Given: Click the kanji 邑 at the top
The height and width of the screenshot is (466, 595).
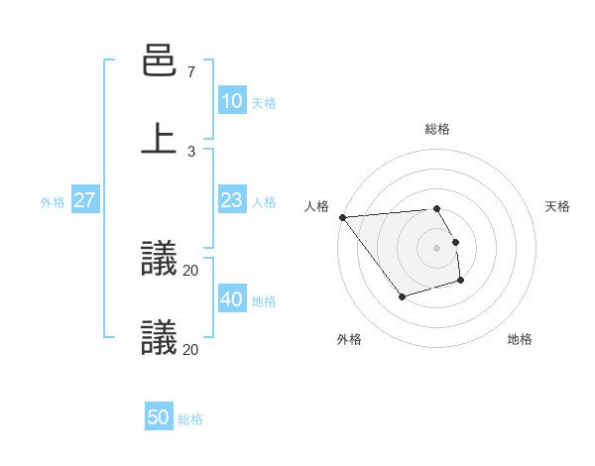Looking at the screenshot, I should [x=159, y=61].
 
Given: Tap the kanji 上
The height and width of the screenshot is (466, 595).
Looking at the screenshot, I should [x=159, y=139].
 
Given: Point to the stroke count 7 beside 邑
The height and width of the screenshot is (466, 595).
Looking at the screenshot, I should [x=190, y=72].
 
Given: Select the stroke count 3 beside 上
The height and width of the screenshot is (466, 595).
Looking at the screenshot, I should [x=190, y=151].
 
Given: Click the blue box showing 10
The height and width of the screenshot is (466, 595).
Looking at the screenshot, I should [x=231, y=101].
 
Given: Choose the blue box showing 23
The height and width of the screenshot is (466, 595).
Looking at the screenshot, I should [x=231, y=200].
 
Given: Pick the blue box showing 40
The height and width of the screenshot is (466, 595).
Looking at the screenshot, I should [x=231, y=299].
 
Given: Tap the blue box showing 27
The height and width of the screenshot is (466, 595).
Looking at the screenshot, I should [x=84, y=200].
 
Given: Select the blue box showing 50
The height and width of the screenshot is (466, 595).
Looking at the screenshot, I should [x=159, y=417].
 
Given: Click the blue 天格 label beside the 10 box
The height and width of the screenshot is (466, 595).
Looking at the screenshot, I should [x=264, y=102].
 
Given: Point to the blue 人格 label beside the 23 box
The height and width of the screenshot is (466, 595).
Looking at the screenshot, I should [x=264, y=201].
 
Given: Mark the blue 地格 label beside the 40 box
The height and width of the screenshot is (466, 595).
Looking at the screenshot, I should [x=264, y=300].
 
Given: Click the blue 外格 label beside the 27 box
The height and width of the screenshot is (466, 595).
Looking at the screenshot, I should [x=53, y=201].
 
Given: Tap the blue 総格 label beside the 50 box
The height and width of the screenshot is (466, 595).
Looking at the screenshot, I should [x=191, y=418].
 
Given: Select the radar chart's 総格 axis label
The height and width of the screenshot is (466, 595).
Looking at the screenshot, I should [x=437, y=129].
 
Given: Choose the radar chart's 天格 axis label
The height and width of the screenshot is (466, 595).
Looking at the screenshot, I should [x=557, y=206].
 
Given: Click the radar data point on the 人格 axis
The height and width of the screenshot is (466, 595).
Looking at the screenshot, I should [x=342, y=217].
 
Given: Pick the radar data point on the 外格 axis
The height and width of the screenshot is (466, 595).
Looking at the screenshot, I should [x=402, y=296].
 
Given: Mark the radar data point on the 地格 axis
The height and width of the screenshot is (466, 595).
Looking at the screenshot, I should [x=460, y=282].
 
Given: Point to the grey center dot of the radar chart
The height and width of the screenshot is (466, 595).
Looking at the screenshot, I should [x=437, y=248].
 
